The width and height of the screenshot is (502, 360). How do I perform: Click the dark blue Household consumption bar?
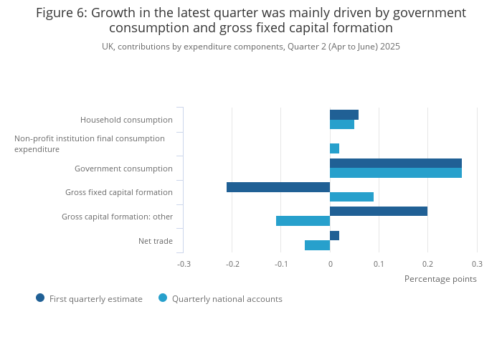coord(344,115)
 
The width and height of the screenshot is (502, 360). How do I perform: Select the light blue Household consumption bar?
coord(342,125)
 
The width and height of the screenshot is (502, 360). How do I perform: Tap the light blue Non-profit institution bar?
coord(334,148)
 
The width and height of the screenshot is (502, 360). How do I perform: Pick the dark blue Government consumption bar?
coord(396,164)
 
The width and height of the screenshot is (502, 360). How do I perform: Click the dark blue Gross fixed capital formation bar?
coord(278,187)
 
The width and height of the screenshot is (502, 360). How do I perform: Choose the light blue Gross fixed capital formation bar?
coord(351,197)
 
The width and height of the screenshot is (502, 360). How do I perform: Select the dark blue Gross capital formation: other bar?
coord(379,212)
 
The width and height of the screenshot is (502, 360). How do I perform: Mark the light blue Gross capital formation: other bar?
coord(303,221)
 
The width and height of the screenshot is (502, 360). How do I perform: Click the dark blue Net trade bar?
coord(334,235)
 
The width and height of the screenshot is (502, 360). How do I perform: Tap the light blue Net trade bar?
coord(317,245)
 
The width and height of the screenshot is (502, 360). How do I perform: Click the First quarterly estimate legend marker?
coord(40,298)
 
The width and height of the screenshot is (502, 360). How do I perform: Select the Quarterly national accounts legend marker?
coord(163,298)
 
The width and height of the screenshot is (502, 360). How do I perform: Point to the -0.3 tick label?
coord(184,264)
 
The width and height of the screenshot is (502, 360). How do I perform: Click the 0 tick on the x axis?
coord(330,264)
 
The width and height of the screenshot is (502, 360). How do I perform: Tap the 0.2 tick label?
coord(427,264)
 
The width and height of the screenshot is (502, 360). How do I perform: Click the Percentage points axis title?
coord(440,279)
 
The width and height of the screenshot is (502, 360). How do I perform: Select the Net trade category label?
coord(156,241)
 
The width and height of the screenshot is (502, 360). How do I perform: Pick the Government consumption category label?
coord(123,169)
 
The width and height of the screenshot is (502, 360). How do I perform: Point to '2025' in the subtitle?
coord(389,47)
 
